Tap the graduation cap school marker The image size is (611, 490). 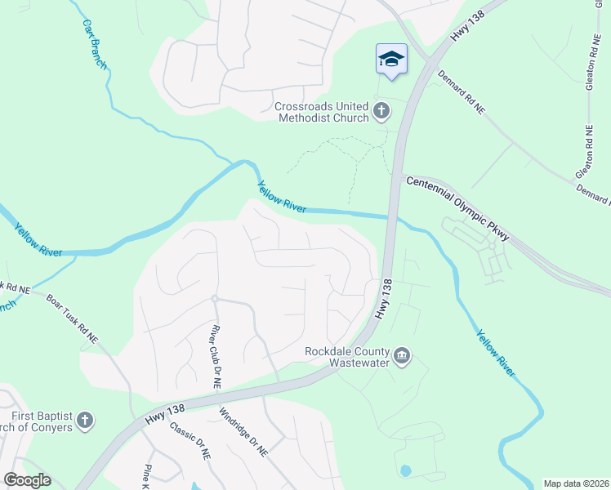click(391, 60)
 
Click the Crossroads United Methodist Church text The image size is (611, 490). click(322, 112)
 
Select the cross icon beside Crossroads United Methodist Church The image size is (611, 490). click(381, 111)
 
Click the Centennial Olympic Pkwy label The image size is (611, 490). click(457, 208)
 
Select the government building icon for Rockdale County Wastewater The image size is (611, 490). click(401, 356)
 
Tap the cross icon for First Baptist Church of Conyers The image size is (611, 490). click(84, 421)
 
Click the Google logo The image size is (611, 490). click(27, 480)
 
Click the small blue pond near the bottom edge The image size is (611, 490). click(405, 471)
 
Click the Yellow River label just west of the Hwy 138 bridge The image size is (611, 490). click(282, 197)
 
